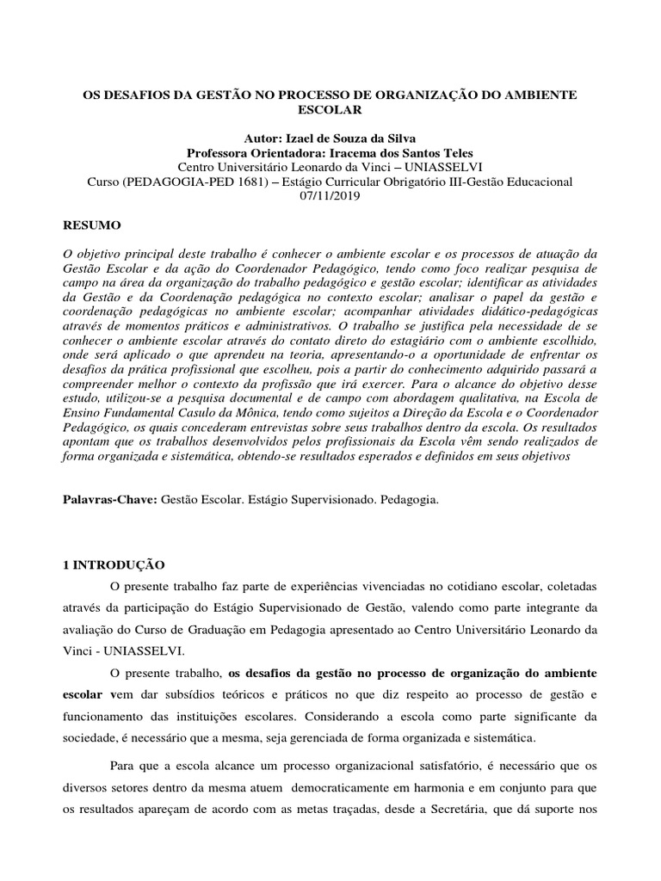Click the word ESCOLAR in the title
tap(330, 110)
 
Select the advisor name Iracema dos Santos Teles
tap(404, 152)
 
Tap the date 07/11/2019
tap(330, 196)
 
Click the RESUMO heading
tap(93, 225)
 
